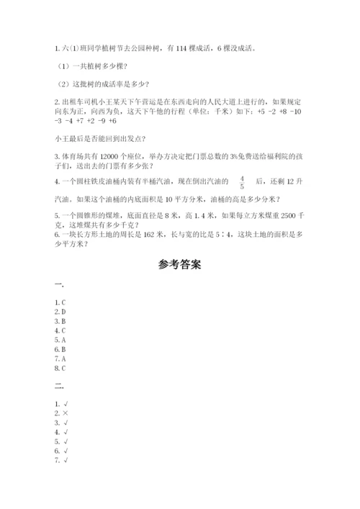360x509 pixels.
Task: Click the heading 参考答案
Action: [179, 265]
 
